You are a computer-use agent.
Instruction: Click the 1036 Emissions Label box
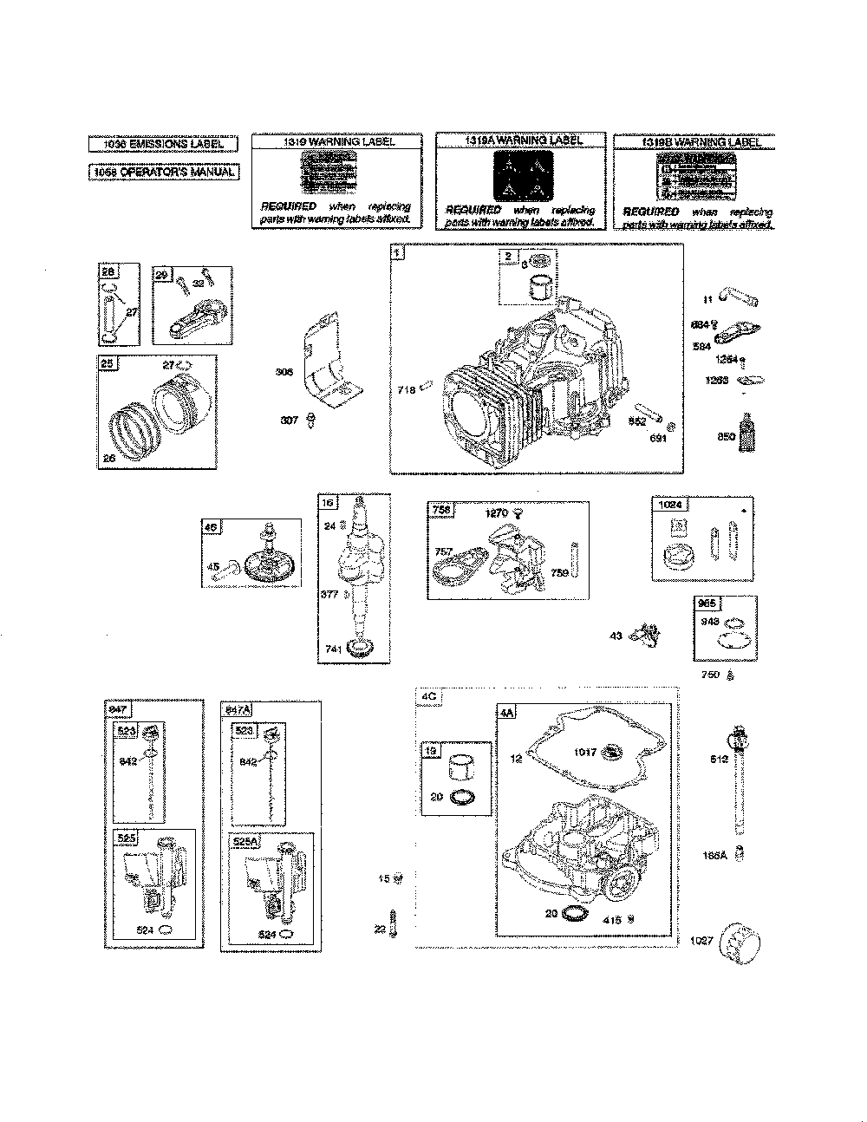tap(163, 144)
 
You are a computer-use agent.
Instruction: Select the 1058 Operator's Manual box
tap(163, 172)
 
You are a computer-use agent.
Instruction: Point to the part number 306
tap(284, 371)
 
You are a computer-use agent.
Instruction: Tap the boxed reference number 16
tap(327, 503)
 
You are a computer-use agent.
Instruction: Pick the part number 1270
tap(496, 513)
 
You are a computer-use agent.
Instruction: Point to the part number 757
tap(443, 551)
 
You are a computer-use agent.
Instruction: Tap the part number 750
tap(710, 675)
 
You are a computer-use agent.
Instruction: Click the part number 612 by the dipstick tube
tap(719, 760)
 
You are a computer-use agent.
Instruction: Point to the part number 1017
tap(584, 752)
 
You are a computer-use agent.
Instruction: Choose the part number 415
tap(611, 920)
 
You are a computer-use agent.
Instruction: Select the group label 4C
tap(428, 695)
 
